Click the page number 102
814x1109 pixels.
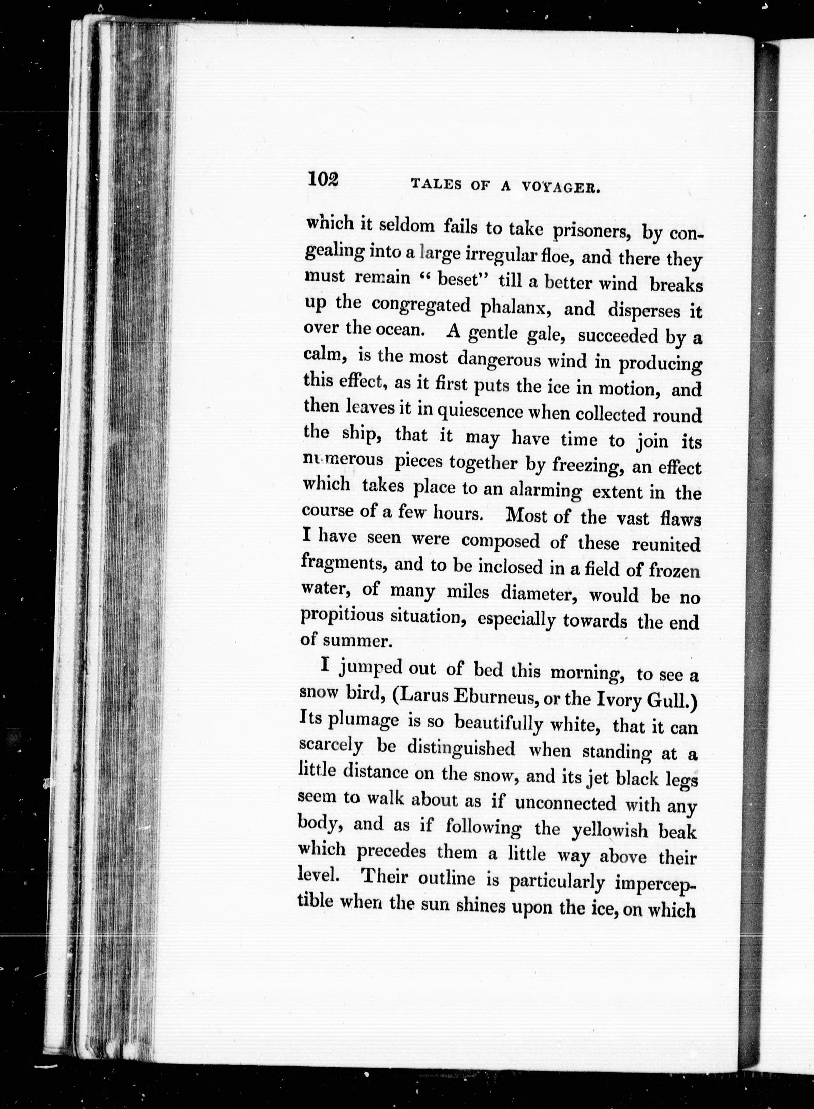point(323,179)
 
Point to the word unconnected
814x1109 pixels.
point(565,803)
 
